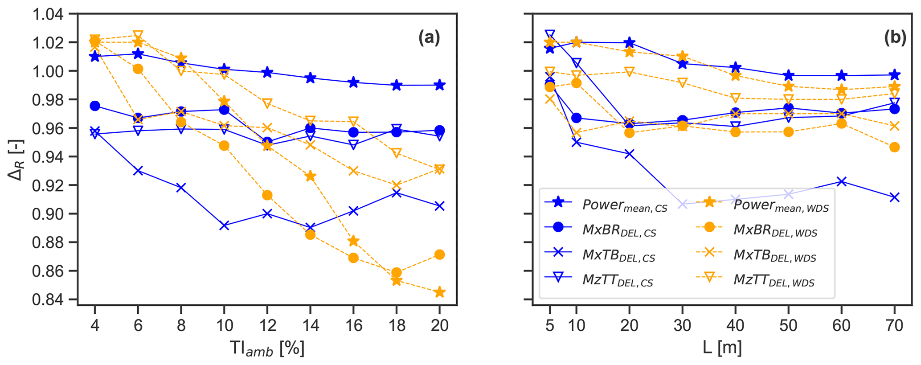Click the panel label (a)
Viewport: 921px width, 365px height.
click(x=429, y=38)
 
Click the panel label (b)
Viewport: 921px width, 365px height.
click(x=895, y=38)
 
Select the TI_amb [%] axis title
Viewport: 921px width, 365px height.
click(x=266, y=348)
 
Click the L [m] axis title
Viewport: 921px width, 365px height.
click(x=722, y=348)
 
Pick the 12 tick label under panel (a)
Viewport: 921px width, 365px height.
click(x=267, y=325)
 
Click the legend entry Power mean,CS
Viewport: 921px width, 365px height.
click(x=624, y=205)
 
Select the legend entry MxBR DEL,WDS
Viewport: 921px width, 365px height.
click(x=775, y=230)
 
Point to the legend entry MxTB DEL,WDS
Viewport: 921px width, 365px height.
click(x=775, y=255)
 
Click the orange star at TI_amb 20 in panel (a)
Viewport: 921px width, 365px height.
click(x=439, y=292)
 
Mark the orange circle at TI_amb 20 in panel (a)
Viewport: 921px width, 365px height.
click(x=439, y=254)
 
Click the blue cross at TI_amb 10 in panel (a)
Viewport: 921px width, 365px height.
click(x=224, y=226)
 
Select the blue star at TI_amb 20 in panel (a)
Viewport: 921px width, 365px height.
click(x=439, y=85)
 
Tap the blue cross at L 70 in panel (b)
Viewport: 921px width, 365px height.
click(x=894, y=197)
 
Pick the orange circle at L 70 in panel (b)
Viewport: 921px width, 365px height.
click(x=894, y=148)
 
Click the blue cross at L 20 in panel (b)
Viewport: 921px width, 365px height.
click(x=629, y=154)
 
